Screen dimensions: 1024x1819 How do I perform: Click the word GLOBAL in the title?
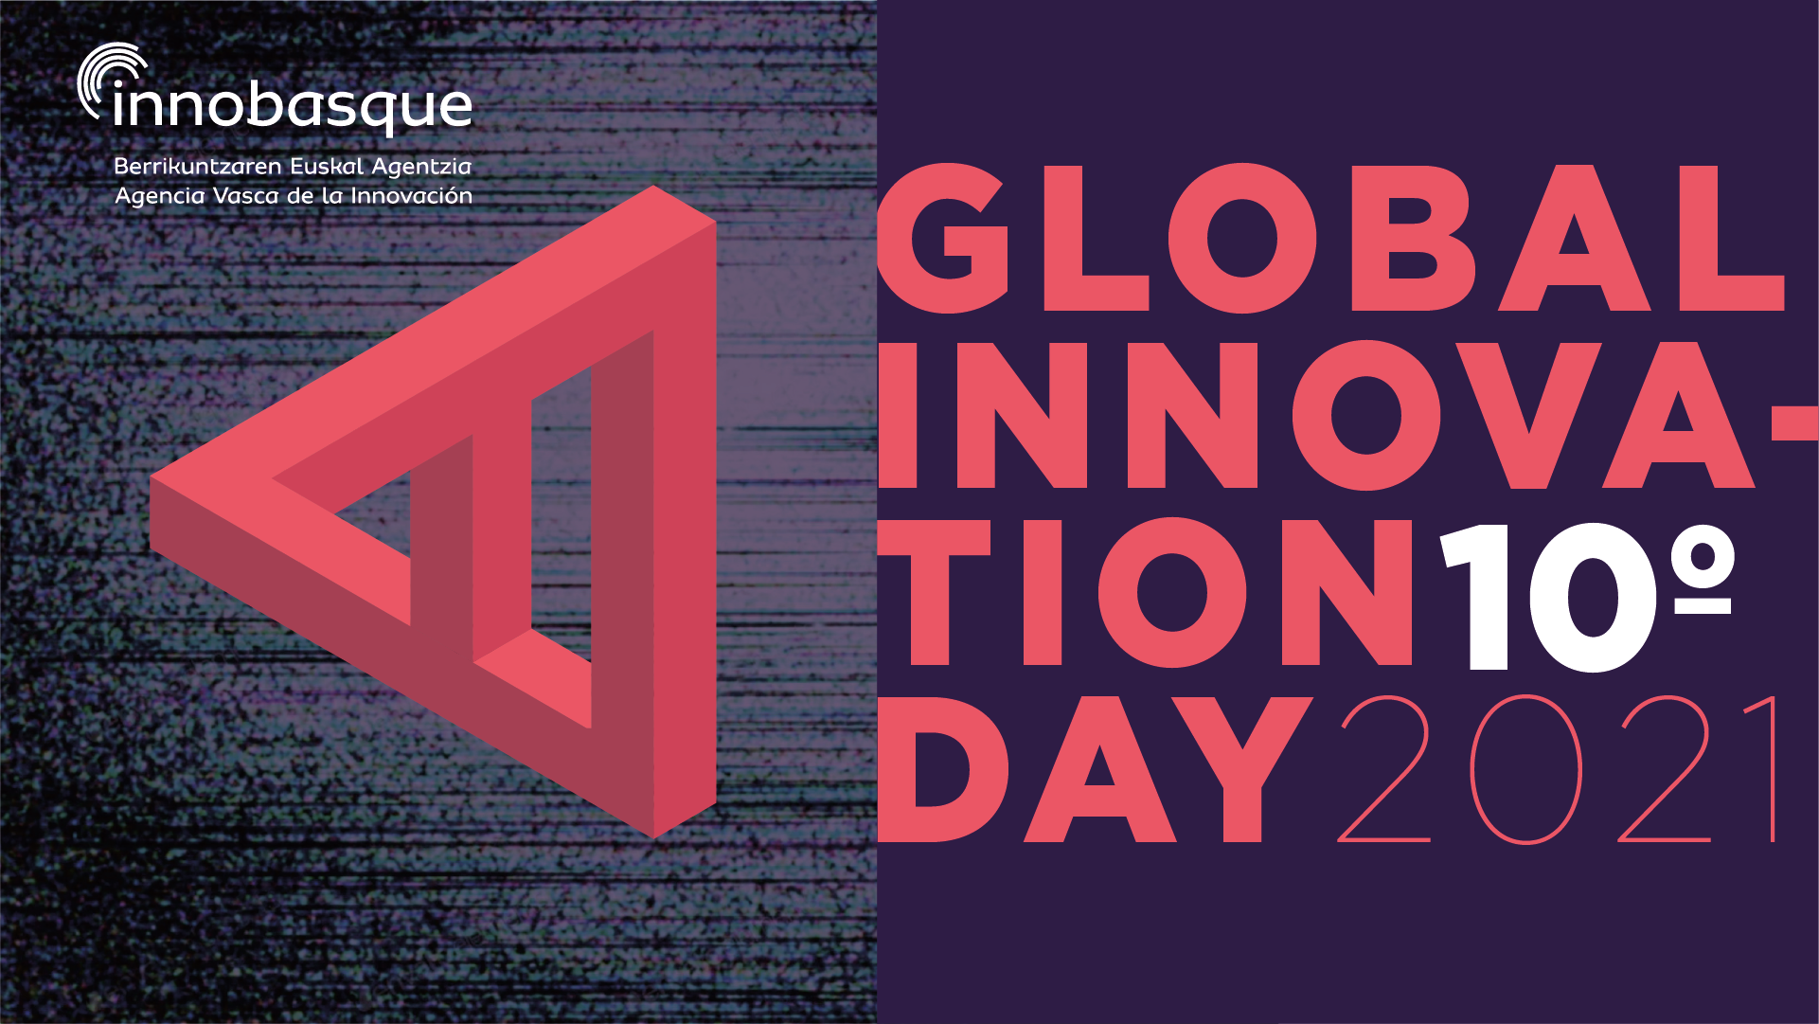(x=1330, y=239)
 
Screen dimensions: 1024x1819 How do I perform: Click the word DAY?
(x=1095, y=769)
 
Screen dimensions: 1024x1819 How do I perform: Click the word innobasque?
(x=292, y=107)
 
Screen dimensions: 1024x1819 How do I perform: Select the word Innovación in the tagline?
(x=411, y=196)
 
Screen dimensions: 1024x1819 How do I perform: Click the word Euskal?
(x=327, y=167)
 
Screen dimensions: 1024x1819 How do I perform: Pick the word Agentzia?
(x=421, y=168)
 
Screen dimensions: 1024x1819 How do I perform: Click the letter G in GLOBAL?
(x=945, y=239)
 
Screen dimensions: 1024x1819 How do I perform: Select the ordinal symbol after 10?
(x=1703, y=573)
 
